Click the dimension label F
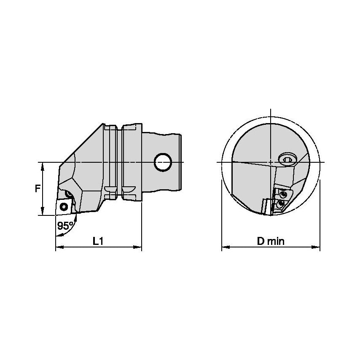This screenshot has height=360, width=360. [x=38, y=188]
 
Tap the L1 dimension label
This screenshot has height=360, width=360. [x=98, y=241]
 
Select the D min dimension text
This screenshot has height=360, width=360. [x=271, y=241]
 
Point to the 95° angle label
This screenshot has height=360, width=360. [x=65, y=226]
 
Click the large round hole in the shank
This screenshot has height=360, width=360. [x=163, y=162]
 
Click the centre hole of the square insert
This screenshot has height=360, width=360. [x=64, y=207]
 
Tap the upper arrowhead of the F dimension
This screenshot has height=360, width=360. [x=42, y=167]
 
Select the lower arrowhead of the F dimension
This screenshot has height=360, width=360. [x=42, y=211]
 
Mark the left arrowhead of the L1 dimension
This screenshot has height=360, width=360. [x=60, y=247]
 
